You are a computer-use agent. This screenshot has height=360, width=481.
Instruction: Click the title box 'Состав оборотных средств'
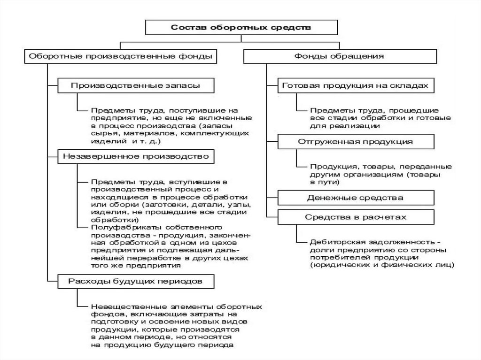coord(240,28)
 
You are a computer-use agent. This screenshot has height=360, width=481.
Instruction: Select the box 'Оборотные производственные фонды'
coord(120,56)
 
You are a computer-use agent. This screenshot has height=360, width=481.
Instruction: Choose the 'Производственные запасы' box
coord(136,86)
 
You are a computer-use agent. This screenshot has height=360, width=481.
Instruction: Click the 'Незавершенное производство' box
coord(136,156)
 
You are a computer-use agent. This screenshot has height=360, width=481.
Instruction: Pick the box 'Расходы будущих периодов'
coord(136,282)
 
